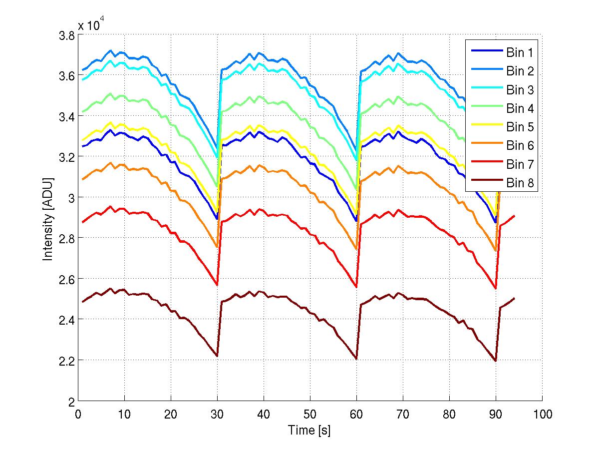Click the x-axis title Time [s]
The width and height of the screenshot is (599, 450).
[x=309, y=430]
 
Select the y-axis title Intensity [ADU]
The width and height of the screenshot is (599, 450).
[x=48, y=218]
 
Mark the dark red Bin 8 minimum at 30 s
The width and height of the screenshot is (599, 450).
[x=217, y=356]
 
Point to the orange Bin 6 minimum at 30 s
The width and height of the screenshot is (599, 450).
[x=217, y=247]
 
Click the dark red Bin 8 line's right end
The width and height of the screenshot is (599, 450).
[x=514, y=298]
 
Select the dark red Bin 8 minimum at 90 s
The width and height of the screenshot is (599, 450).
[x=496, y=361]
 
